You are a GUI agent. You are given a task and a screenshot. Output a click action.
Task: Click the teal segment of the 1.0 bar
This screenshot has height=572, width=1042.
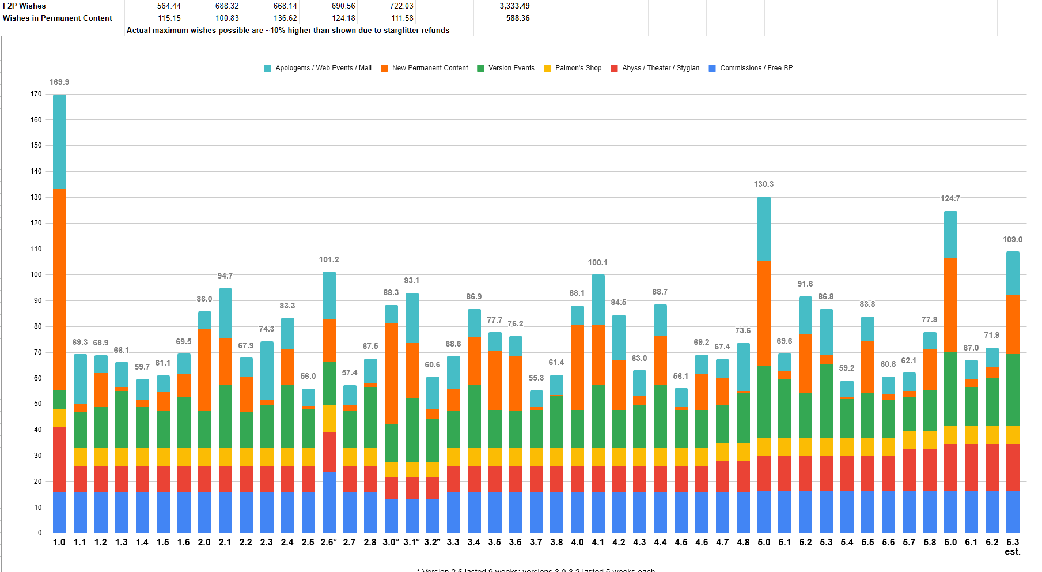click(59, 141)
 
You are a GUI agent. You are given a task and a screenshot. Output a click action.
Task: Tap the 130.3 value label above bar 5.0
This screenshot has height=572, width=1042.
click(764, 185)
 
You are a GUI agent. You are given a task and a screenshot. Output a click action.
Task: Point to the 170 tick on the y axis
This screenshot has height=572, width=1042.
click(36, 94)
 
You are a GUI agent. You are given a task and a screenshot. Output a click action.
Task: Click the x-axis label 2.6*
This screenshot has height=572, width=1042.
click(328, 543)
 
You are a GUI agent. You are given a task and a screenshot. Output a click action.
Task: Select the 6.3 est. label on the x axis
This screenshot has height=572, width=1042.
click(1013, 547)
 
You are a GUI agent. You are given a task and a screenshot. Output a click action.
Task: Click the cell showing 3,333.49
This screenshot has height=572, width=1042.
click(514, 6)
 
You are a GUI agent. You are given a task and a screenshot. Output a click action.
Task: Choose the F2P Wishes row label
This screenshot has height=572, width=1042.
click(24, 6)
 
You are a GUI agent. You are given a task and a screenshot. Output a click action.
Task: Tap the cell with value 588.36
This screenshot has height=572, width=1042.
click(518, 18)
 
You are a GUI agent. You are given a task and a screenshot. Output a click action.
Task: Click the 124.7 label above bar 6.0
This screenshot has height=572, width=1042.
click(950, 199)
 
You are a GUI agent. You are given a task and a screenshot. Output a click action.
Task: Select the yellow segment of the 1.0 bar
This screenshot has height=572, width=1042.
click(59, 418)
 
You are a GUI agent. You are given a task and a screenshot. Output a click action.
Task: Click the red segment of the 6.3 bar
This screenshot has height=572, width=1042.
click(1013, 467)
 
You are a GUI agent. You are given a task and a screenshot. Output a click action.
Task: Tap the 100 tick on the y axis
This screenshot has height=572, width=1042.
click(36, 274)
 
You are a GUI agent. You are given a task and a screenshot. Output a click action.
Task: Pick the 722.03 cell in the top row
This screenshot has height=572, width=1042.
click(401, 6)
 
